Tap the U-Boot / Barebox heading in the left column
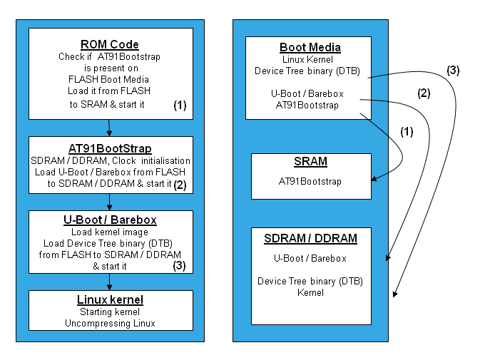111,220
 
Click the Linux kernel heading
111,299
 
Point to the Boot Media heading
310,47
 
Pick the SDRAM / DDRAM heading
310,238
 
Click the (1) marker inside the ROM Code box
180,105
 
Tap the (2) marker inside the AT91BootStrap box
180,184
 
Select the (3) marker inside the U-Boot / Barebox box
180,265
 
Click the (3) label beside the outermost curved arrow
453,70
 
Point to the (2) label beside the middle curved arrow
424,92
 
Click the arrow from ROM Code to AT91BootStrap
109,128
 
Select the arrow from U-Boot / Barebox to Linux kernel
109,282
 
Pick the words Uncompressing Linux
111,323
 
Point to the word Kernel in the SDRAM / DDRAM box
310,292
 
